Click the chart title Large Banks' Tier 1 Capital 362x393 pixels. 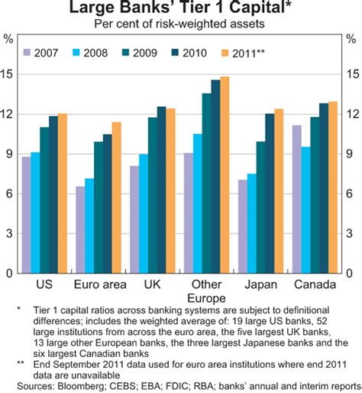click(180, 9)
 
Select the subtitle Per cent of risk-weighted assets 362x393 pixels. click(180, 24)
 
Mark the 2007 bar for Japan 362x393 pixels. click(243, 226)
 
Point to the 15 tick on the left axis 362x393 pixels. click(8, 74)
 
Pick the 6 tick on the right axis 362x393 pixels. click(353, 193)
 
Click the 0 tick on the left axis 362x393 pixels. click(8, 273)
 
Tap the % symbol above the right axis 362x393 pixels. click(353, 37)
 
